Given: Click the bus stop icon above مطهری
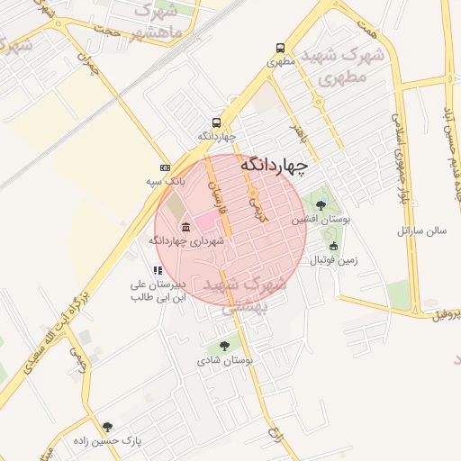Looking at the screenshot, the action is coord(281,49).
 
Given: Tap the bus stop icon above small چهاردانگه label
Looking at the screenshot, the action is coord(216,122).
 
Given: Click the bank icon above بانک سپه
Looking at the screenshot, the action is coord(165,167).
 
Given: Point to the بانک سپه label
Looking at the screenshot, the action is coord(167,181).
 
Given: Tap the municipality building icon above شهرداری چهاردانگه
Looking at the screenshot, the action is coord(185,227).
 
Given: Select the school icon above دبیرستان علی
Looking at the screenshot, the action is coord(158,270).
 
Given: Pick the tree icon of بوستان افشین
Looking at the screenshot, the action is coord(321,205).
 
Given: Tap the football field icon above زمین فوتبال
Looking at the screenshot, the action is coord(334,247).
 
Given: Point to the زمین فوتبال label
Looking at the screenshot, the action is coord(334,260).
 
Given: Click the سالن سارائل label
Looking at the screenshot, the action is coord(422,230).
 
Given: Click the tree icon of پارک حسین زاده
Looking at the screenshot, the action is coord(108,427).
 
